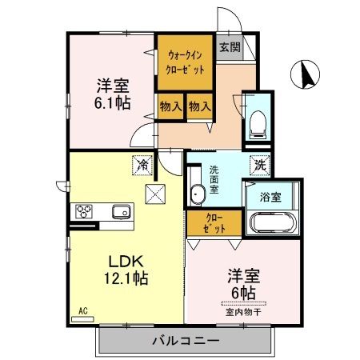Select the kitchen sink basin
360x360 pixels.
tap(121, 212)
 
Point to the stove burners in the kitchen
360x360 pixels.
tap(85, 212)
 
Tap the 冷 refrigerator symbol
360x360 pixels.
tap(142, 166)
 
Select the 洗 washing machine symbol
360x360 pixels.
tap(262, 166)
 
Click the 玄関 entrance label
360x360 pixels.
tap(230, 47)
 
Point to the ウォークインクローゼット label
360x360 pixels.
tap(186, 62)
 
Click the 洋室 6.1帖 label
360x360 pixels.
tap(113, 94)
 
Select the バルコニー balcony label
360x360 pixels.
tap(186, 342)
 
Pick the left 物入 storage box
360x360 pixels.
tap(170, 106)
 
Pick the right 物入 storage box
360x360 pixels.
tap(199, 106)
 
